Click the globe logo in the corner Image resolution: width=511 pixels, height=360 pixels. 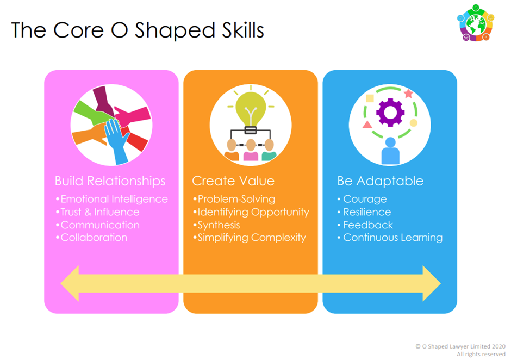(x=476, y=23)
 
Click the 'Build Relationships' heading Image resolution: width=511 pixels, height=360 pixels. (x=110, y=181)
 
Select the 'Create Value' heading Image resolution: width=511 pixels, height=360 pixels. (x=233, y=181)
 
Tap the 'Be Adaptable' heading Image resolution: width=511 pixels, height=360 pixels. (x=381, y=181)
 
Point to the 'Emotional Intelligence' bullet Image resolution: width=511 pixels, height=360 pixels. (x=114, y=199)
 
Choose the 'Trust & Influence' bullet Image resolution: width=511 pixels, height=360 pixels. (x=100, y=212)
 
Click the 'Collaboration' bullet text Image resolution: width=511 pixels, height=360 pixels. (x=94, y=238)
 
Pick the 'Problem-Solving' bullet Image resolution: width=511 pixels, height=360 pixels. (x=236, y=199)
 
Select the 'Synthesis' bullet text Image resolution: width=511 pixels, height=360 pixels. (x=219, y=225)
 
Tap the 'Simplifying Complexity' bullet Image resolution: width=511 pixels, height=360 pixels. (x=252, y=238)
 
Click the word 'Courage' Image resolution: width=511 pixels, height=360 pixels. (x=365, y=199)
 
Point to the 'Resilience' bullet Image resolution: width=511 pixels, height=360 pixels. (x=367, y=212)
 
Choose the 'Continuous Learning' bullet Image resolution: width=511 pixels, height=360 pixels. (x=392, y=238)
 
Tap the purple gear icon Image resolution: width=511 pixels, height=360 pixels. (x=390, y=113)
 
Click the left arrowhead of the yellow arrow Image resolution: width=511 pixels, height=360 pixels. (x=70, y=283)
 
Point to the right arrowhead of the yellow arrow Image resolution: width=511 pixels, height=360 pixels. (x=432, y=283)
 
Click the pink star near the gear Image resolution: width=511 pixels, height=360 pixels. (x=408, y=94)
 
